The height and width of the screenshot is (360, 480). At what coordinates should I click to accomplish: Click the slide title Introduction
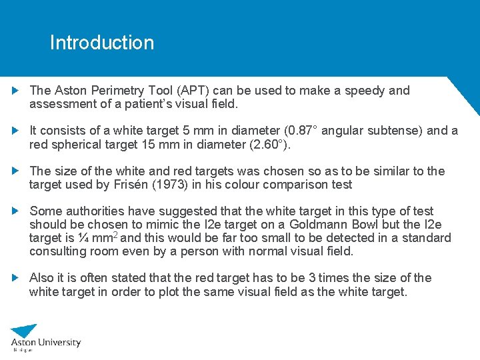(101, 43)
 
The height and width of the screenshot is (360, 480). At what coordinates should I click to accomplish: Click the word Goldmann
(322, 225)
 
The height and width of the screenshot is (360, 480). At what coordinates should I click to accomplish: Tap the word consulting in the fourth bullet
(57, 251)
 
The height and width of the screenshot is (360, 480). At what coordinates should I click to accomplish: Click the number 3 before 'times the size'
(321, 278)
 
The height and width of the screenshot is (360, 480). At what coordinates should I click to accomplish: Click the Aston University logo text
(47, 342)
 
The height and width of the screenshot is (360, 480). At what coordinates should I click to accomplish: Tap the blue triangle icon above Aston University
(25, 330)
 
